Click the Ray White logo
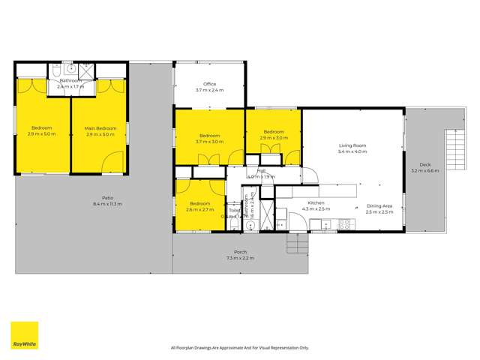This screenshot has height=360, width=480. click(24, 335)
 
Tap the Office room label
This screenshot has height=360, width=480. click(209, 84)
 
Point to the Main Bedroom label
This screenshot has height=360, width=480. click(100, 128)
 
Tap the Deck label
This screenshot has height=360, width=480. click(425, 164)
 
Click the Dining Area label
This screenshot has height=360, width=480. click(378, 205)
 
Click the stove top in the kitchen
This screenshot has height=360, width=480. click(346, 223)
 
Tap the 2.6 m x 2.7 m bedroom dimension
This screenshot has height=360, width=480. click(199, 210)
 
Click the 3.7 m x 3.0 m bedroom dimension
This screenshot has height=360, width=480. click(210, 140)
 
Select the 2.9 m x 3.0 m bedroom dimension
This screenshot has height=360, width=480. click(274, 138)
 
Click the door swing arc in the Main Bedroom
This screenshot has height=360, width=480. click(113, 162)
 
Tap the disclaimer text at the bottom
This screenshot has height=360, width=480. click(239, 347)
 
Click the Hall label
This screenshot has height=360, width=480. click(262, 171)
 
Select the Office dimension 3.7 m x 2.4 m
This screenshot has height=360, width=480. click(209, 90)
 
